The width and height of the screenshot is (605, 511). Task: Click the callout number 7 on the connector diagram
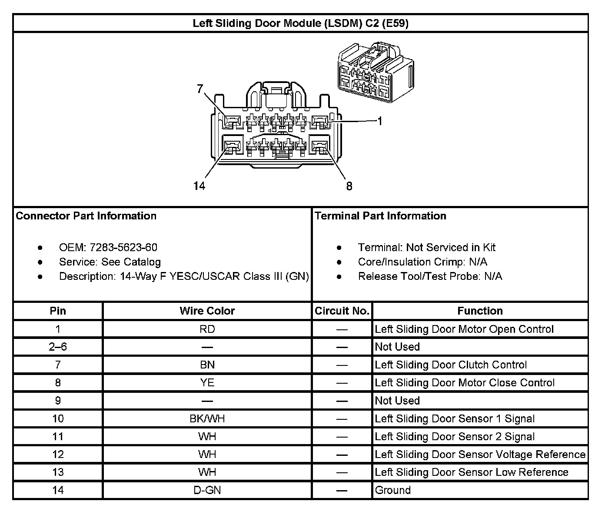200,89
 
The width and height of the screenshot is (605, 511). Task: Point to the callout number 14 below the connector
199,186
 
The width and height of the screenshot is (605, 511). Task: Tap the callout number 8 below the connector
349,186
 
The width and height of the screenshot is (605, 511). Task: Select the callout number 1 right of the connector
380,121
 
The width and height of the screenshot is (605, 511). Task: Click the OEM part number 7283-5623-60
123,247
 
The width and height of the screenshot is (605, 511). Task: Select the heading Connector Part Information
86,216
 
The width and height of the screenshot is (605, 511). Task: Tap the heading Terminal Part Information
380,216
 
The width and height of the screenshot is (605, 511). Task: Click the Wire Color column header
207,311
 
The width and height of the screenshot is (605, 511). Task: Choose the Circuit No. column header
342,311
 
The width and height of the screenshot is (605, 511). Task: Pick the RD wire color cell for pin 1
207,329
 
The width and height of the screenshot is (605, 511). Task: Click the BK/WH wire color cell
207,418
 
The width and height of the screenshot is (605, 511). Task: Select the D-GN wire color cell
207,490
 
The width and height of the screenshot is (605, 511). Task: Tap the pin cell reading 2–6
58,347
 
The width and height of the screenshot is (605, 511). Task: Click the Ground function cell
393,490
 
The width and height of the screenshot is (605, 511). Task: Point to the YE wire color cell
207,383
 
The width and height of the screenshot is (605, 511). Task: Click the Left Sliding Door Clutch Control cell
451,365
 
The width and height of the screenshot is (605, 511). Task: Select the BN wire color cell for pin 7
207,365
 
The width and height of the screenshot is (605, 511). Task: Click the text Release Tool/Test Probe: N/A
430,276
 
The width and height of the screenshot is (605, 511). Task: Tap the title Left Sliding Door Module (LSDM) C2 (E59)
300,23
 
